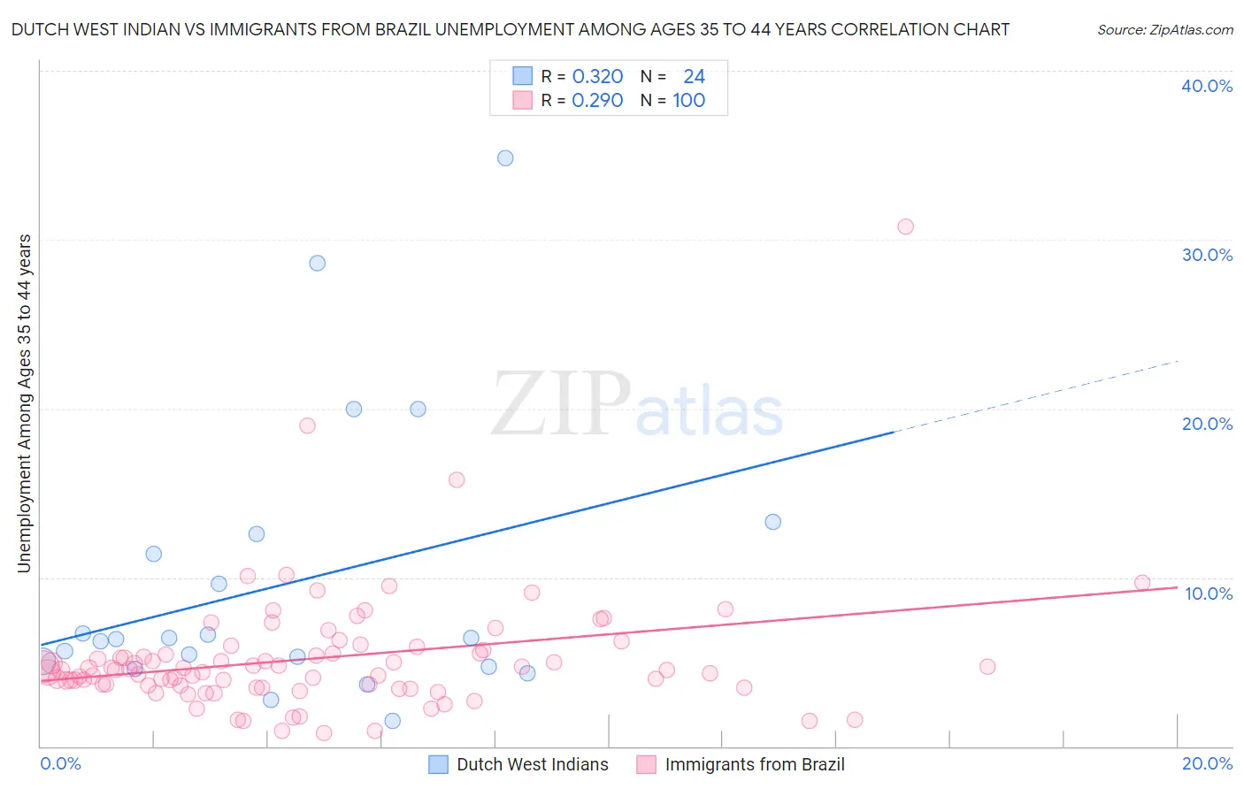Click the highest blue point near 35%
pos(505,158)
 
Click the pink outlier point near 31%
pos(905,226)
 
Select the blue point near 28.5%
pos(317,263)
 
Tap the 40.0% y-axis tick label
pos(1207,86)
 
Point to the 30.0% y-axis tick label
pos(1207,255)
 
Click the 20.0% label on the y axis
pos(1207,424)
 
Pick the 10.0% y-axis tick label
pos(1207,594)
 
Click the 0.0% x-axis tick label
pos(60,763)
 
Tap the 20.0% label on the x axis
pos(1207,763)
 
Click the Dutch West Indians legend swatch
pos(438,764)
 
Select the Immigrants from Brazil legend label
pos(755,764)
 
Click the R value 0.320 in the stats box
pos(597,77)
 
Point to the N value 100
pos(688,101)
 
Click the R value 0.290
pos(597,101)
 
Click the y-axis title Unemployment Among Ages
pos(24,402)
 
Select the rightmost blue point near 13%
pos(772,522)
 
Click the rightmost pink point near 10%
pos(1142,583)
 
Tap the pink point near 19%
pos(307,425)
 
